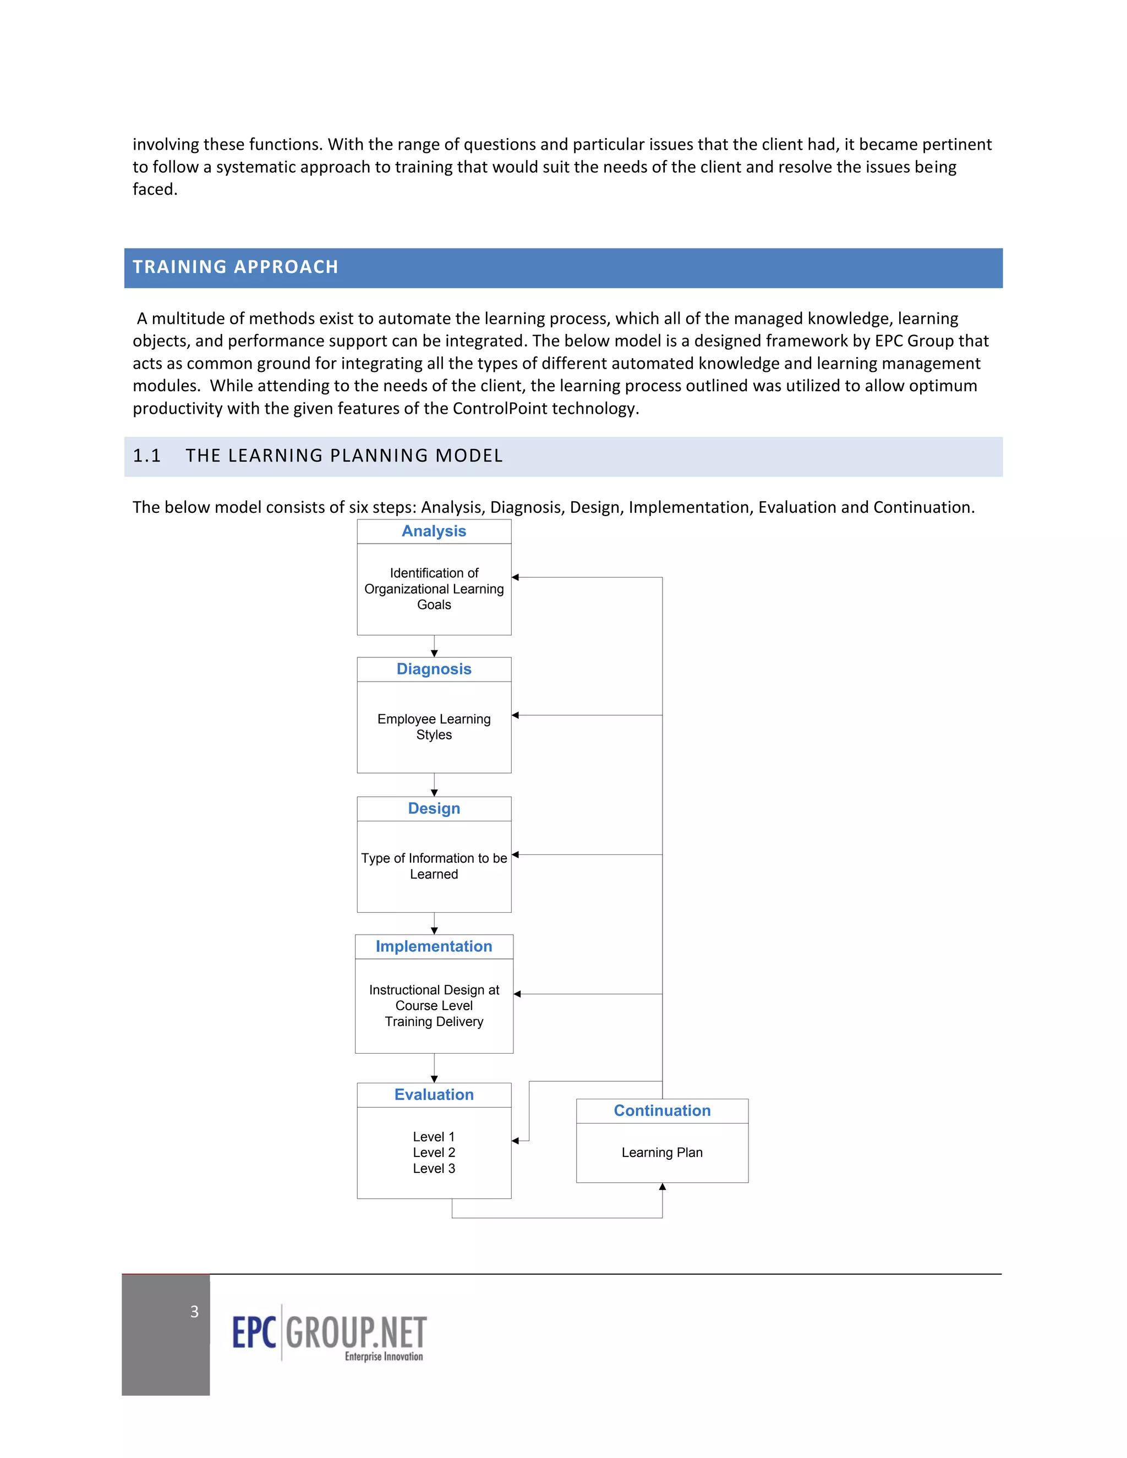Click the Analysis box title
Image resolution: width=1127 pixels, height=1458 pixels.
pos(434,531)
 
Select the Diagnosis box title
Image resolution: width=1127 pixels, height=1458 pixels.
pos(434,670)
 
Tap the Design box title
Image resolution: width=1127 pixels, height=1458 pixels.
pos(434,808)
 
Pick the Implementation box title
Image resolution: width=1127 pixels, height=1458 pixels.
pos(434,947)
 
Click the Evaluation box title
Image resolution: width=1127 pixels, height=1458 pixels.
pos(434,1095)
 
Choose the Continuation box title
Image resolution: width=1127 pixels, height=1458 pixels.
pos(661,1111)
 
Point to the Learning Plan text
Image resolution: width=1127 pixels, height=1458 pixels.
pos(661,1153)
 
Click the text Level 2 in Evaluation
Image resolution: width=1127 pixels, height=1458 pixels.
pos(434,1153)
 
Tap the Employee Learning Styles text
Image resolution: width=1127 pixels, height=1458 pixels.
pos(434,727)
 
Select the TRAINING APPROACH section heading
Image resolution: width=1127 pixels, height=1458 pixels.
pos(235,267)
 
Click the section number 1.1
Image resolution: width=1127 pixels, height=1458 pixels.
pos(147,456)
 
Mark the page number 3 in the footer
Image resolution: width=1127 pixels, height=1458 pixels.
pos(194,1312)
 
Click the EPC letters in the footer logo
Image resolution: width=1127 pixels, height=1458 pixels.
pos(254,1333)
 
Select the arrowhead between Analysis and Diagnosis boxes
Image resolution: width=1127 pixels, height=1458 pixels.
pos(434,654)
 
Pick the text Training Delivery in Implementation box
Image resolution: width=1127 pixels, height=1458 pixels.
pos(434,1022)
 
